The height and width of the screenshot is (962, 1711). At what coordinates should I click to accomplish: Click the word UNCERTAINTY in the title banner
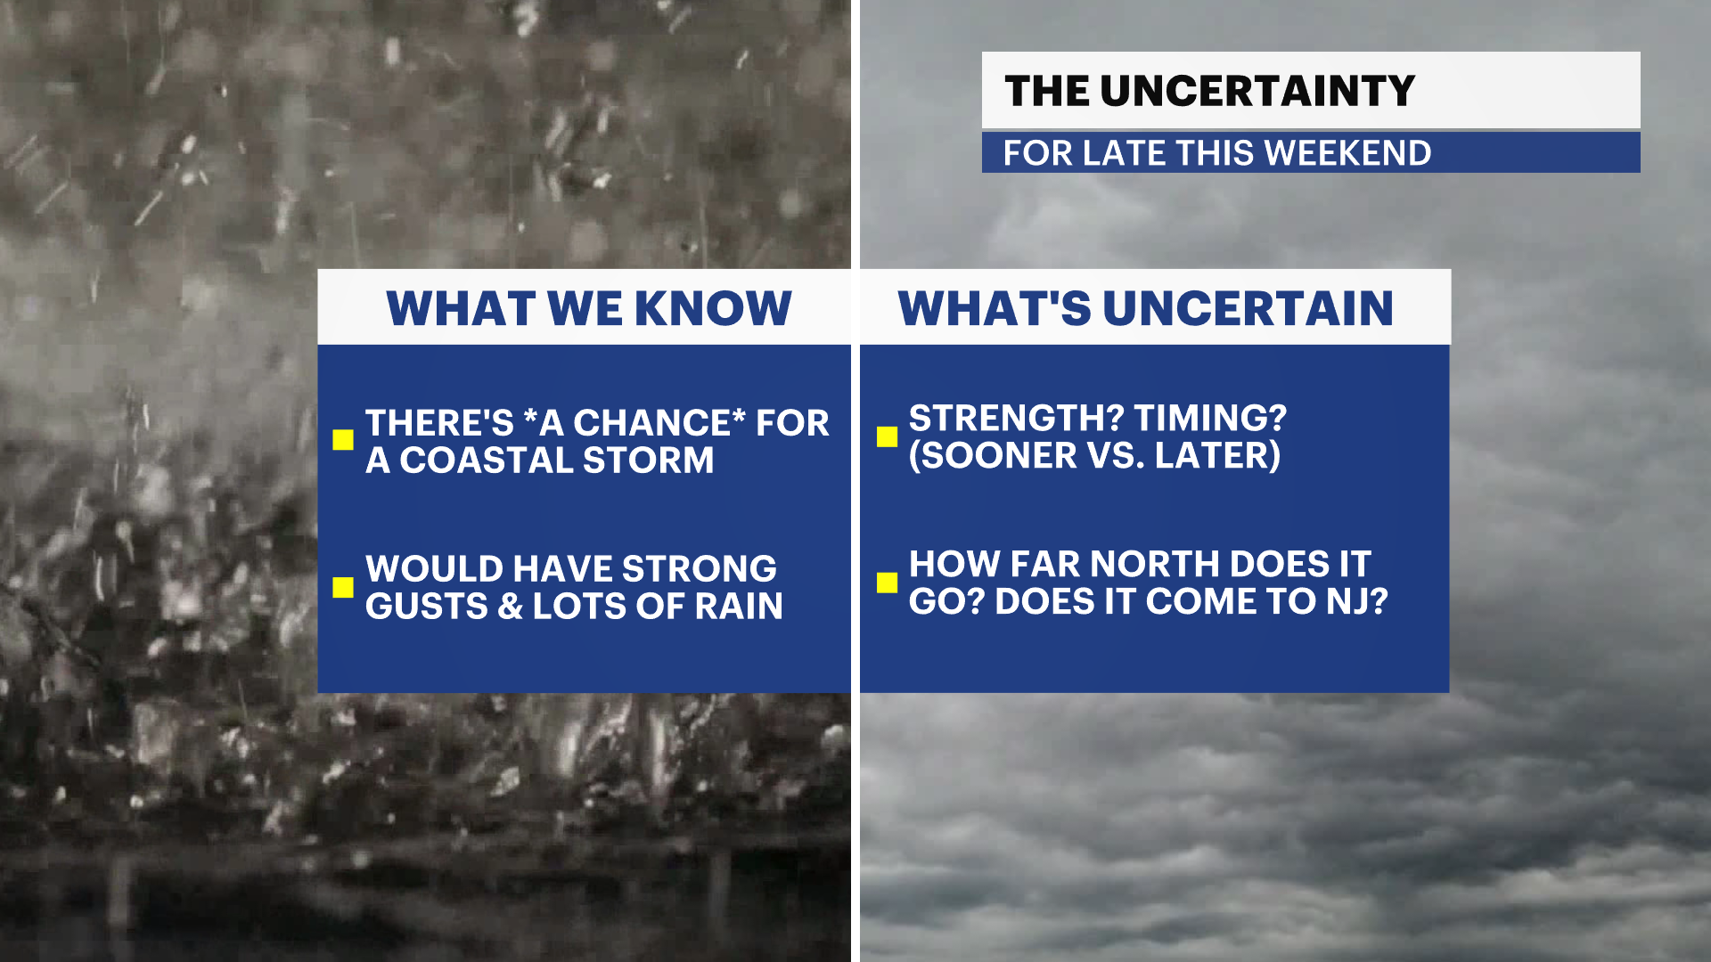pyautogui.click(x=1257, y=91)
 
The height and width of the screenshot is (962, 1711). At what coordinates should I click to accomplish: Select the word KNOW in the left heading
pyautogui.click(x=713, y=308)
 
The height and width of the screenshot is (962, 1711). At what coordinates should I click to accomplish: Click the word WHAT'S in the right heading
pyautogui.click(x=994, y=308)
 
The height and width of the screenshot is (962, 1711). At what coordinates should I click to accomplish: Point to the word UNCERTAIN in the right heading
pyautogui.click(x=1248, y=308)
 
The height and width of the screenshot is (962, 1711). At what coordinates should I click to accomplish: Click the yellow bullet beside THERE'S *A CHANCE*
pyautogui.click(x=343, y=440)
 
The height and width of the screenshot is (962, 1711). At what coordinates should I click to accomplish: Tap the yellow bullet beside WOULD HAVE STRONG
pyautogui.click(x=343, y=587)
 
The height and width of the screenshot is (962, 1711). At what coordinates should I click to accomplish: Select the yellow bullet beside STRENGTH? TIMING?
pyautogui.click(x=887, y=436)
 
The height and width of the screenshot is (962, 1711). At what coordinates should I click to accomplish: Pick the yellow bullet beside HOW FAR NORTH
pyautogui.click(x=887, y=583)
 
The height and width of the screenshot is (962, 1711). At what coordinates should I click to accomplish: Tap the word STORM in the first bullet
pyautogui.click(x=648, y=461)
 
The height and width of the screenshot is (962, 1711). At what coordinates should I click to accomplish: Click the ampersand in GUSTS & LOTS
pyautogui.click(x=510, y=607)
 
